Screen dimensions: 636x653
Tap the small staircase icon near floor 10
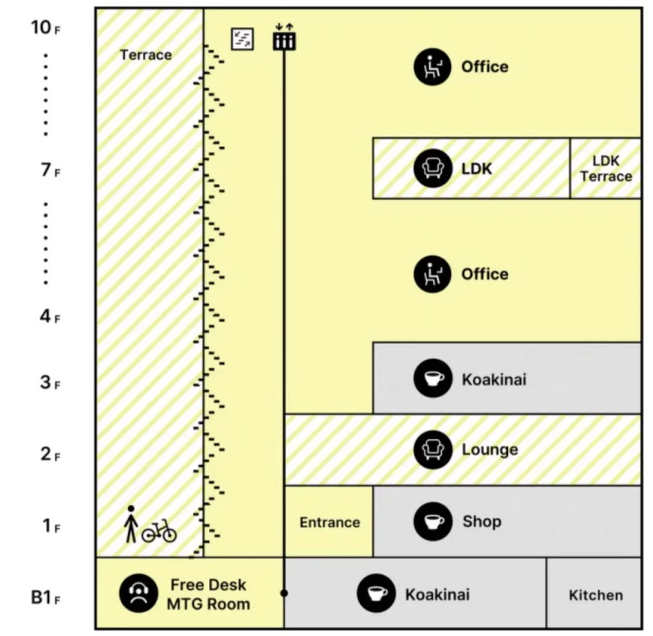(x=242, y=38)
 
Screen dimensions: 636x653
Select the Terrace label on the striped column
(x=146, y=55)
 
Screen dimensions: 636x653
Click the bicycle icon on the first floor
(x=159, y=531)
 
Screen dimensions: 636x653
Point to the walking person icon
(x=131, y=524)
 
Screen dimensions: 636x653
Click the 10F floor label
(x=46, y=28)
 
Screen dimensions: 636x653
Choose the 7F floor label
(x=50, y=171)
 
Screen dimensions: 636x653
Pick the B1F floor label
(x=46, y=598)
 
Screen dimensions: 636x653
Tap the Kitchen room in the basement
(x=595, y=595)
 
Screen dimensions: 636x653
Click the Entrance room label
(x=329, y=522)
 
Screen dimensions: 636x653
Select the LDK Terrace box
(x=606, y=168)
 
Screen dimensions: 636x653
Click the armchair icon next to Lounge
(x=432, y=449)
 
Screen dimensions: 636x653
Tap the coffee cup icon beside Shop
(x=432, y=521)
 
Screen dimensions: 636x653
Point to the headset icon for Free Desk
(x=138, y=594)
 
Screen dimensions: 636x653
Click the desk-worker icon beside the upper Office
(x=432, y=67)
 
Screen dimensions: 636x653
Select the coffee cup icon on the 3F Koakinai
(x=432, y=379)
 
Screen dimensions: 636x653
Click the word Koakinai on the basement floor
(x=437, y=595)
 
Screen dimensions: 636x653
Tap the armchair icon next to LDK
(x=432, y=168)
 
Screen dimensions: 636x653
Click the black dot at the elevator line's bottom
(x=284, y=593)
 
